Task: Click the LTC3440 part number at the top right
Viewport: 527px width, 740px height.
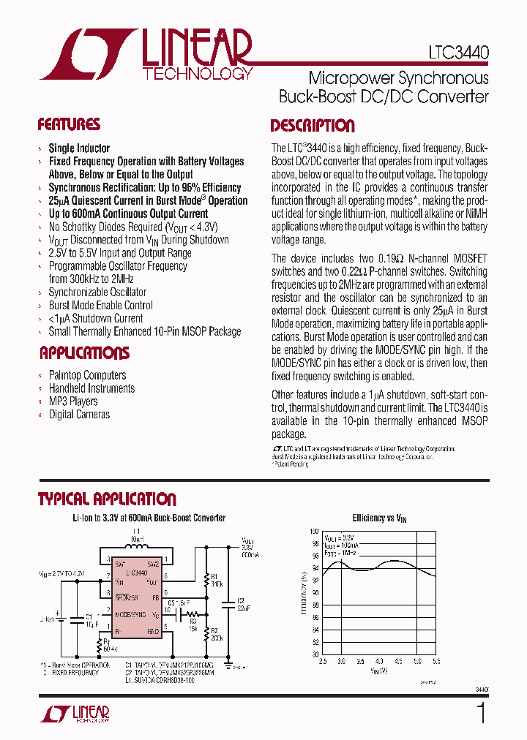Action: [459, 53]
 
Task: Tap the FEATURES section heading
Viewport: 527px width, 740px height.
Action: [69, 124]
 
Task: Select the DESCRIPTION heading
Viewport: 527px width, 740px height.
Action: [313, 125]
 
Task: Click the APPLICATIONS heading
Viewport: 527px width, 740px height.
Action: [84, 353]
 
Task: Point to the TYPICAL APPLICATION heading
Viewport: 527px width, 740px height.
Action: [107, 499]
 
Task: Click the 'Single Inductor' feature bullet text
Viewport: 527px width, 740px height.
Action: [79, 148]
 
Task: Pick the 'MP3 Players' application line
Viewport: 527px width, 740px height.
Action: [72, 401]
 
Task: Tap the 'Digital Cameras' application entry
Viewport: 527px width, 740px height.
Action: [79, 415]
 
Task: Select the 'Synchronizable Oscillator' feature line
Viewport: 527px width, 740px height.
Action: [97, 292]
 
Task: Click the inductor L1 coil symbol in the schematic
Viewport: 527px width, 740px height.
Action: [136, 546]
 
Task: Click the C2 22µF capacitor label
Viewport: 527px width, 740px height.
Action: [244, 604]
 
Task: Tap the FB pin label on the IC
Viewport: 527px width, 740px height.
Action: [155, 597]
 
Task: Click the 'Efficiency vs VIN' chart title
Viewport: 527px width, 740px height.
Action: [379, 518]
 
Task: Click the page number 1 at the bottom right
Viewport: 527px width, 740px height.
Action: [481, 714]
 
